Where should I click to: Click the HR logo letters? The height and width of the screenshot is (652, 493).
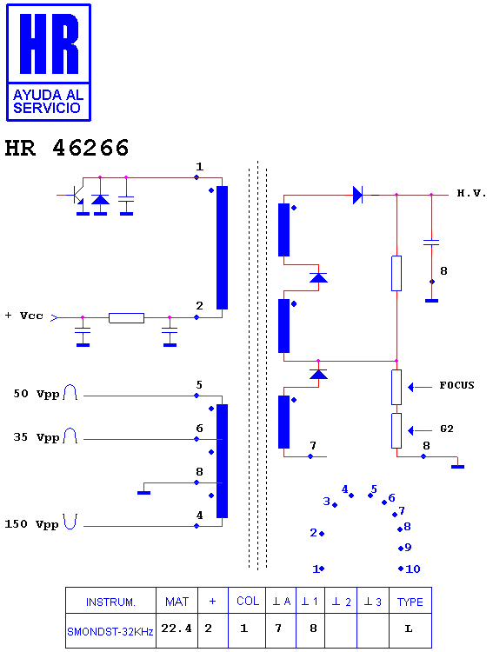click(49, 43)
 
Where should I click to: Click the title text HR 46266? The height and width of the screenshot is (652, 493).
click(67, 148)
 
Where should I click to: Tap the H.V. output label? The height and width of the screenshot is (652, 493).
click(471, 193)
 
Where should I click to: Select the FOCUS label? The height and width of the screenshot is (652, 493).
click(456, 385)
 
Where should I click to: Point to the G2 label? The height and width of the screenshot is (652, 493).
click(446, 429)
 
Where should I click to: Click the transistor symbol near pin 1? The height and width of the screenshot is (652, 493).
click(75, 195)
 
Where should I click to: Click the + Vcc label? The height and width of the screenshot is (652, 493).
click(24, 316)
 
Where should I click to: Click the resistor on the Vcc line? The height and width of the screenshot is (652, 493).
click(126, 318)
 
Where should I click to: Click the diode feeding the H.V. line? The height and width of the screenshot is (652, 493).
click(357, 195)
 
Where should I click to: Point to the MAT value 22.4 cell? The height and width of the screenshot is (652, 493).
click(177, 629)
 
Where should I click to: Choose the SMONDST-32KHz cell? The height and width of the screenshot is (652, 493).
click(110, 632)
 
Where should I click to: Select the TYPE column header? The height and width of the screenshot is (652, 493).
click(410, 602)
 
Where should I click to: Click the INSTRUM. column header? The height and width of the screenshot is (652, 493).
click(110, 602)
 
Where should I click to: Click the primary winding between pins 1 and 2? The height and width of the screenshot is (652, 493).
click(223, 248)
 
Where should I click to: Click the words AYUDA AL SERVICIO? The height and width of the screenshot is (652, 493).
click(48, 102)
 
